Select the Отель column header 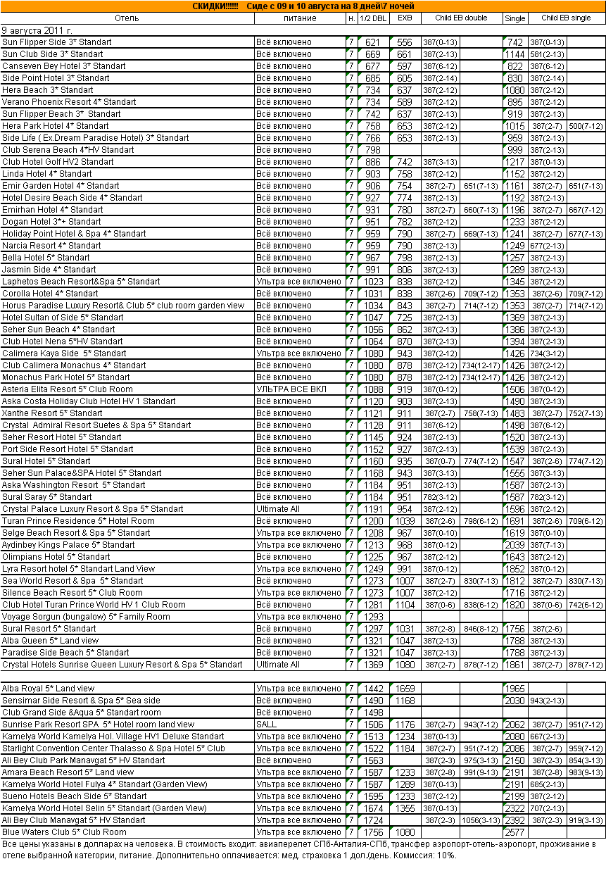tap(127, 18)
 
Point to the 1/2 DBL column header tap(372, 18)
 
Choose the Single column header tap(515, 18)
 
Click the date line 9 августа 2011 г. tap(37, 30)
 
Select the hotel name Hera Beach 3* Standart tap(48, 90)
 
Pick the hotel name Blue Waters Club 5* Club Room tap(65, 832)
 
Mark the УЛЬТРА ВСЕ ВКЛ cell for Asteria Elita tap(291, 389)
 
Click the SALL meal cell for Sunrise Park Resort tap(267, 724)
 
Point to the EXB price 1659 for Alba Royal tap(405, 688)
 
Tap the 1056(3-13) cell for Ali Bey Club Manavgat tap(481, 820)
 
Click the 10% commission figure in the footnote tap(446, 855)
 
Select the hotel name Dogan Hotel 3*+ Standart tap(51, 222)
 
